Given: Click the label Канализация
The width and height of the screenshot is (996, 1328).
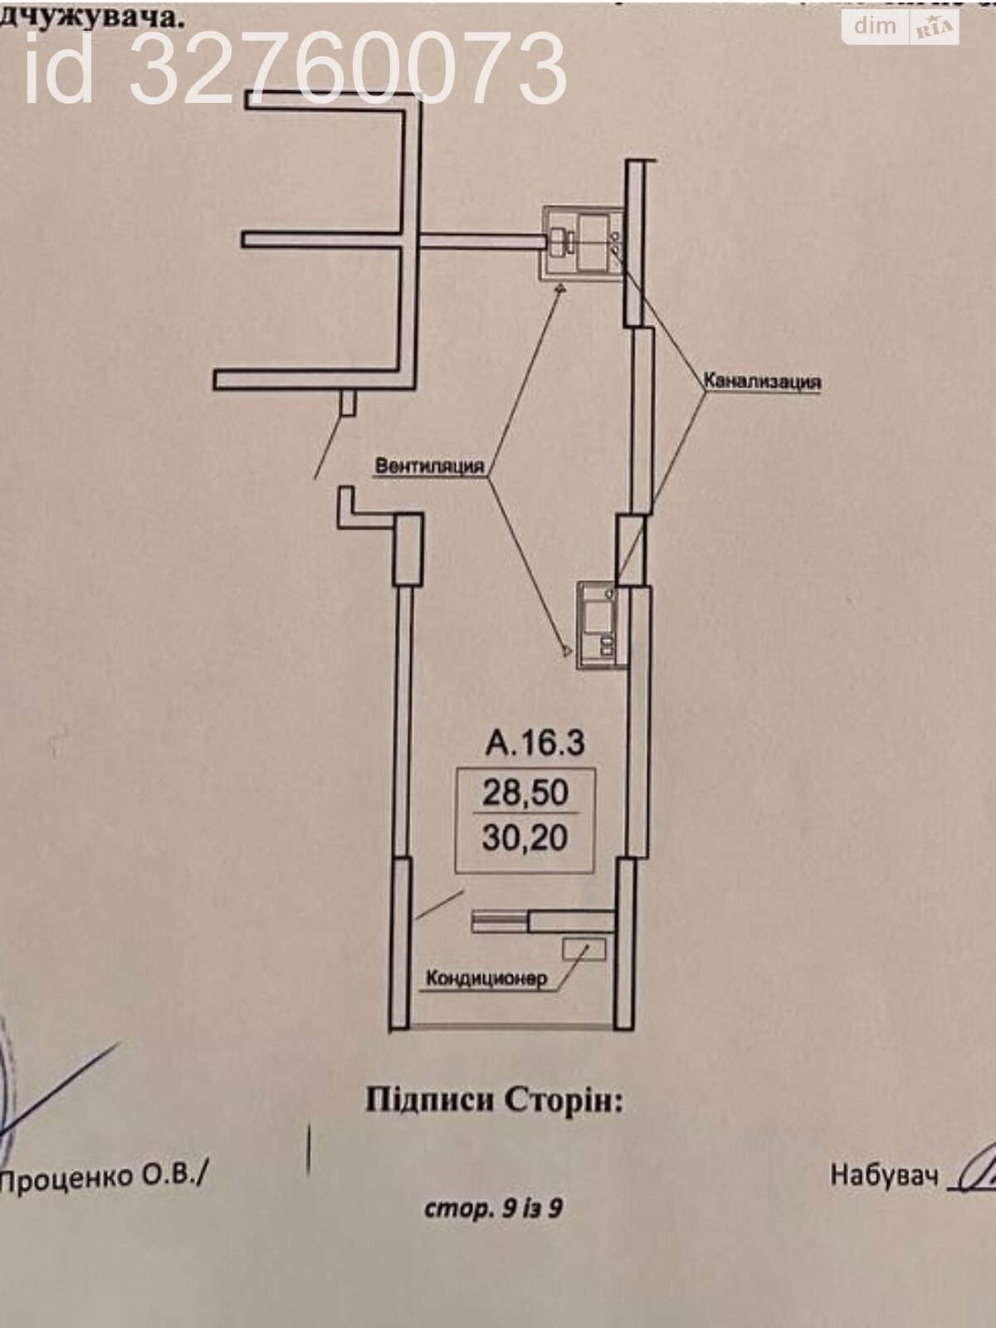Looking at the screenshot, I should coord(762,382).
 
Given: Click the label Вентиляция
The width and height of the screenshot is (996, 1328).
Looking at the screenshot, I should coord(429,466).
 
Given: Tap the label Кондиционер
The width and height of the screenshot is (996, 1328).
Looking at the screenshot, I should coord(486,979).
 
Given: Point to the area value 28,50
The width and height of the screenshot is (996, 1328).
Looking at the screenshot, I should coord(525,792).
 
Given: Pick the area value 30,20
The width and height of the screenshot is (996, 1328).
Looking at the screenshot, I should coord(525,837).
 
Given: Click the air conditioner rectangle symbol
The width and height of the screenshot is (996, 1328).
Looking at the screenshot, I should coord(584,949).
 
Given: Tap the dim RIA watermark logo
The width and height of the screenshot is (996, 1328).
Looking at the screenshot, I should coord(901,27).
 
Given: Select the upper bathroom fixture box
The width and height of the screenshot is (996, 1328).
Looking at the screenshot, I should coord(583,242).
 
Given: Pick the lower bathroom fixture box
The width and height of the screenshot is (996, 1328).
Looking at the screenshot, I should coord(602,622).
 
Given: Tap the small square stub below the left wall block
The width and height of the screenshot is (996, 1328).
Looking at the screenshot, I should coord(349,403).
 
